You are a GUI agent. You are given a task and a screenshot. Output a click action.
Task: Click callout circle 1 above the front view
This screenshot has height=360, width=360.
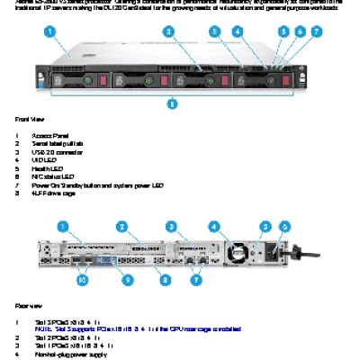pyautogui.click(x=50, y=31)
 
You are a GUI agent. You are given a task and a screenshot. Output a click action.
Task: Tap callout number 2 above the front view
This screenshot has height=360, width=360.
pyautogui.click(x=168, y=31)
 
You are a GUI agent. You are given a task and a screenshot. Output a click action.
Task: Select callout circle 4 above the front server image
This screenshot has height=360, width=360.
pyautogui.click(x=236, y=31)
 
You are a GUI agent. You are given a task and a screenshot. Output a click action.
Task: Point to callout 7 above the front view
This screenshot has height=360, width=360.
pyautogui.click(x=316, y=31)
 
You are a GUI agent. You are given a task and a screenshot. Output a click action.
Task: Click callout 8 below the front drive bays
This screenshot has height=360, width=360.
pyautogui.click(x=172, y=103)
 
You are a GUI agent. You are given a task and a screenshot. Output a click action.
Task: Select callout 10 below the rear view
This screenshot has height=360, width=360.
pyautogui.click(x=82, y=280)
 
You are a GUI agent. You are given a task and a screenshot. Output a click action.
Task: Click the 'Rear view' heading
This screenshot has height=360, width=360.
pyautogui.click(x=27, y=307)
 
